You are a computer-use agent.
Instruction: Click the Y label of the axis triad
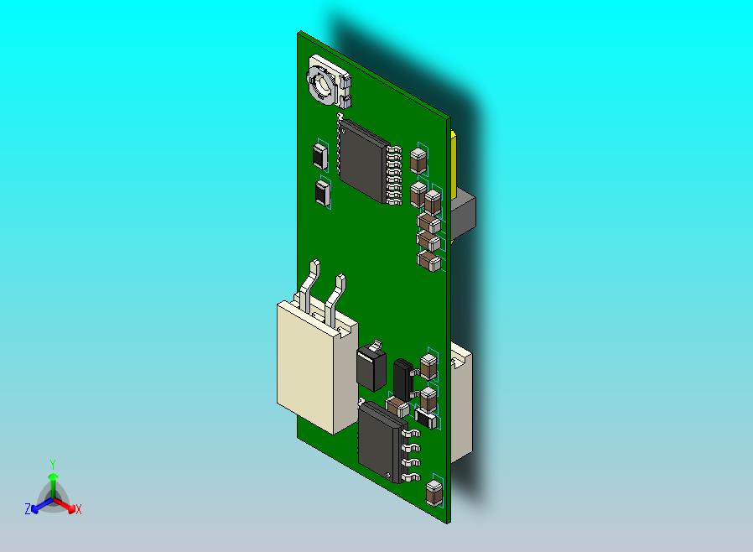[x=53, y=464]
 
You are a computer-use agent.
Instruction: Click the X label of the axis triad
[x=79, y=509]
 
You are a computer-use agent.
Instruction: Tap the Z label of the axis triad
[x=28, y=508]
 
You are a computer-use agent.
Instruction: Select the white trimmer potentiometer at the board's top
[x=329, y=81]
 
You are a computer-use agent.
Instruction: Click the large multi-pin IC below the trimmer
[x=369, y=161]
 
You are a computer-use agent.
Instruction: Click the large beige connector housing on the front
[x=317, y=365]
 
